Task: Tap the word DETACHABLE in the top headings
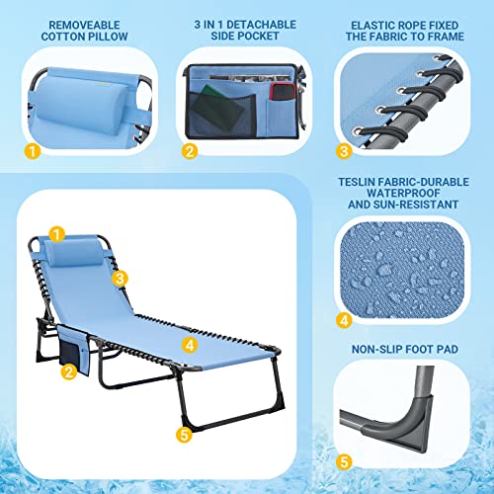[262, 25]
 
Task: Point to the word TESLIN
[357, 182]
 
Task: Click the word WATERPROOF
[403, 194]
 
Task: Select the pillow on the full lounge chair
[75, 254]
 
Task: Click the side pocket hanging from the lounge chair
[73, 349]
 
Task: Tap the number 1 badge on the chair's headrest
[57, 235]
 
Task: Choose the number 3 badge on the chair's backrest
[120, 279]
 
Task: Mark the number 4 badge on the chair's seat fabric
[190, 345]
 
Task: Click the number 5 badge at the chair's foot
[184, 435]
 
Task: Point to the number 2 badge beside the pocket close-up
[190, 151]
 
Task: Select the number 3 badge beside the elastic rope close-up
[344, 151]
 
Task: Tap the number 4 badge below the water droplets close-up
[344, 320]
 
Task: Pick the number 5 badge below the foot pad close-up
[344, 461]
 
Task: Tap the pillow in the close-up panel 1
[82, 104]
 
